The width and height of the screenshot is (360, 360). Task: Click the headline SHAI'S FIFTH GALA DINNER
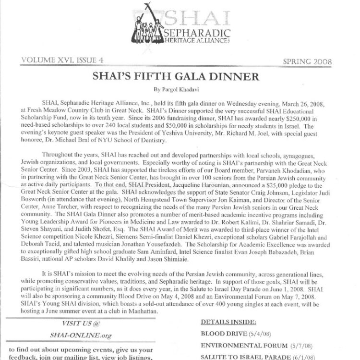(x=180, y=76)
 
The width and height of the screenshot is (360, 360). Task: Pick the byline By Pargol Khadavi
(x=180, y=89)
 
